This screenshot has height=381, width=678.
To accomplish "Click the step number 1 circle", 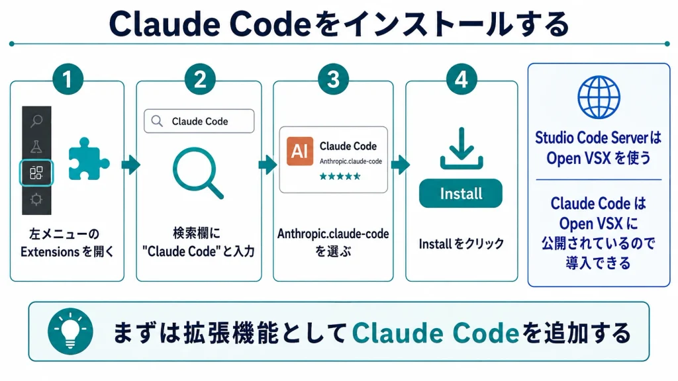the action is coord(68,79).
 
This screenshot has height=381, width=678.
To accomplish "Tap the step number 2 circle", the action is coord(200,79).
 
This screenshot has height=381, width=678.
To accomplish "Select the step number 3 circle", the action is coord(333,79).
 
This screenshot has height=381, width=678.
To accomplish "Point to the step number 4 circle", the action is coord(461,79).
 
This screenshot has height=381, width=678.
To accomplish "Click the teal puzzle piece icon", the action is coord(88,159).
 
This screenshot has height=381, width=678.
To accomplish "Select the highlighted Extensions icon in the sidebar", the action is coord(36,173).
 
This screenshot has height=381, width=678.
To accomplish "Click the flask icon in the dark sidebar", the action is coord(36,147).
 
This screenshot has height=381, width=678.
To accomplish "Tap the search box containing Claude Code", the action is coord(199,121).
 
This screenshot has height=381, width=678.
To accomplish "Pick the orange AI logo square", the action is coord(300,151).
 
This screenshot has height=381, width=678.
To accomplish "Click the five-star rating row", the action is coord(340,176).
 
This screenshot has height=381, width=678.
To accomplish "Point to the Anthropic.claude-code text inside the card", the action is coord(351,161).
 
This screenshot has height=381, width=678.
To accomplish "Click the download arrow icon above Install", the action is coord(461,148).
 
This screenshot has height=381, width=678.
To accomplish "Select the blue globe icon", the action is coord(599,97).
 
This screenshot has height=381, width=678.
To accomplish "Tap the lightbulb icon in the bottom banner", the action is coord(70,331).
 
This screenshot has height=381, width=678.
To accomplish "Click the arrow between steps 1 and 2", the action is coord(130,165).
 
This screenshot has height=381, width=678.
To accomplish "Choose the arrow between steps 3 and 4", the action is coord(401,165).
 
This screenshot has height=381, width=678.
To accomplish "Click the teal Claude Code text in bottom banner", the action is coord(436,333).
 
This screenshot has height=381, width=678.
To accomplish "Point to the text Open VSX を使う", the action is coord(599,158).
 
